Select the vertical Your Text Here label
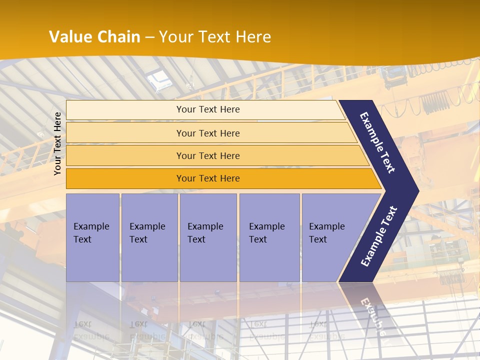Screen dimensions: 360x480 [x=57, y=143]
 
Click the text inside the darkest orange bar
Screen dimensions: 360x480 [x=208, y=178]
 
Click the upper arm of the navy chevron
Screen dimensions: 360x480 [x=377, y=142]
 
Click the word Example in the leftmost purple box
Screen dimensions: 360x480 [x=91, y=226]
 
